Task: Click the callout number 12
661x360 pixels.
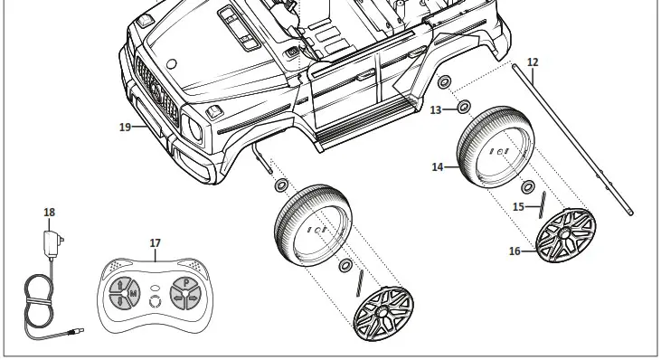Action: [533, 62]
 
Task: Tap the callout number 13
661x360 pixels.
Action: [436, 109]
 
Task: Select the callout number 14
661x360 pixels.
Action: [438, 167]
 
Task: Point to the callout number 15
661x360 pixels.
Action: [519, 207]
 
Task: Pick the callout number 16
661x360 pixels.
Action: [514, 251]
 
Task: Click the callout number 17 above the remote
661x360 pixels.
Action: [155, 243]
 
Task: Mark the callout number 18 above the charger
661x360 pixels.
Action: [49, 213]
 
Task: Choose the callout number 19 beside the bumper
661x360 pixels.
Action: [125, 127]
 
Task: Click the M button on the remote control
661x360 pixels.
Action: [133, 294]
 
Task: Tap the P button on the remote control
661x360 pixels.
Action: [185, 282]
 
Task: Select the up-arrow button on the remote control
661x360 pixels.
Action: [119, 285]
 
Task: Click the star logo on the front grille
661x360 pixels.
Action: [154, 89]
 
